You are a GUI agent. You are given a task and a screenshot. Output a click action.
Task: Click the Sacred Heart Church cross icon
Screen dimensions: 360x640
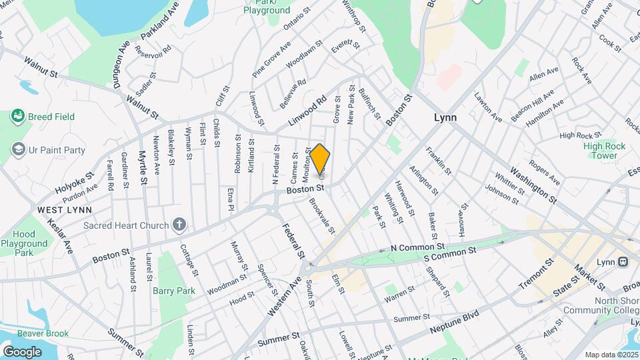click(x=179, y=225)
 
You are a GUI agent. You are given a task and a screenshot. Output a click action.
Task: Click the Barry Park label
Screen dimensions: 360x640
click(x=173, y=291)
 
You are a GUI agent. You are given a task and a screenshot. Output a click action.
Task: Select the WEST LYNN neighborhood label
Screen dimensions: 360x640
click(x=63, y=209)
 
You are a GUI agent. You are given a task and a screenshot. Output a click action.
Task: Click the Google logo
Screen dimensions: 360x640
click(x=22, y=351)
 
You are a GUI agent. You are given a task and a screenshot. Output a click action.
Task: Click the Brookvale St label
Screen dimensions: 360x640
click(x=321, y=215)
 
